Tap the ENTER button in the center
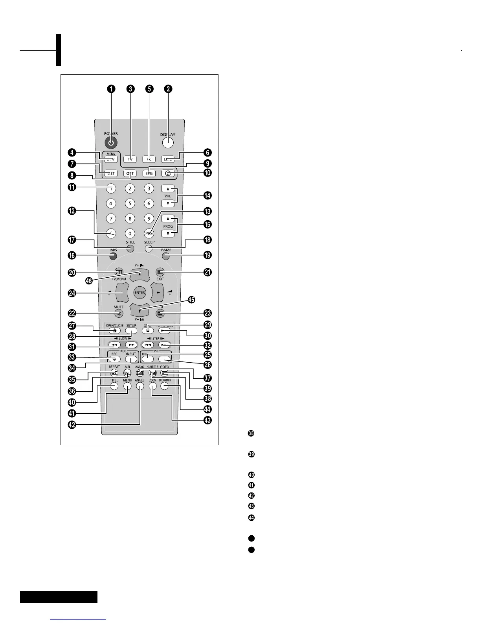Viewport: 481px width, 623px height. tap(140, 293)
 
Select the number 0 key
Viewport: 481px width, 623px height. tap(130, 234)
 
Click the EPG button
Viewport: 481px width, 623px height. tap(149, 173)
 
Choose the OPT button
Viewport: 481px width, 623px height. tap(130, 173)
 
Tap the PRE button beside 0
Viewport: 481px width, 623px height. tap(149, 233)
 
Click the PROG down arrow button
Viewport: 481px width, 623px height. tap(168, 234)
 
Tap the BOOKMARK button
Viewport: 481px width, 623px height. tap(164, 386)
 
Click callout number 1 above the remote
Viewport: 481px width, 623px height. tap(112, 89)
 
